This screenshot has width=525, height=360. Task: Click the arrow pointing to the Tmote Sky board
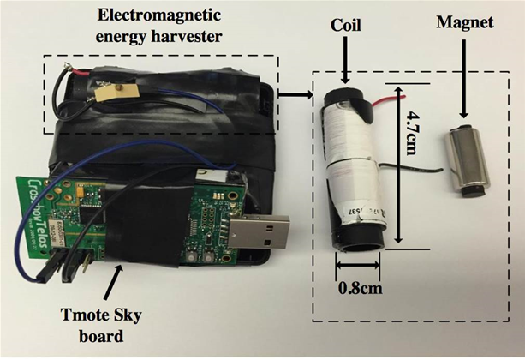tap(116, 274)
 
